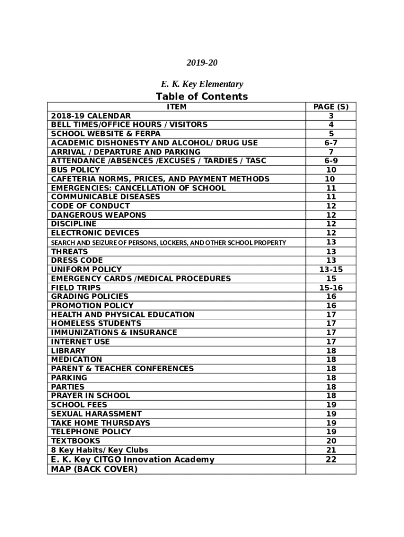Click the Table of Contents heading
(x=201, y=96)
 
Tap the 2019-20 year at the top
(x=201, y=63)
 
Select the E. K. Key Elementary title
(x=201, y=84)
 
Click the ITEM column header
(x=176, y=106)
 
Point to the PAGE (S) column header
(x=331, y=106)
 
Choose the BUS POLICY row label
(x=76, y=170)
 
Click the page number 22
(x=331, y=459)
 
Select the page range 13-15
(x=331, y=270)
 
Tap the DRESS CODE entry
(x=77, y=260)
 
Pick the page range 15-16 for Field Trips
(x=331, y=287)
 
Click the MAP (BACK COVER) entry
(x=94, y=469)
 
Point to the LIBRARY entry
(x=68, y=350)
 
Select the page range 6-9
(x=331, y=161)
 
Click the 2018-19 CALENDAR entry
(x=91, y=115)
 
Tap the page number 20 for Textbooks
(x=331, y=441)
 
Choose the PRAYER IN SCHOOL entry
(x=90, y=395)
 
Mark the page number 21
(x=331, y=450)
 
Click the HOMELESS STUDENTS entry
(x=96, y=324)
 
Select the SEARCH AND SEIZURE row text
(x=168, y=243)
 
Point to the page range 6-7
(x=331, y=143)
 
